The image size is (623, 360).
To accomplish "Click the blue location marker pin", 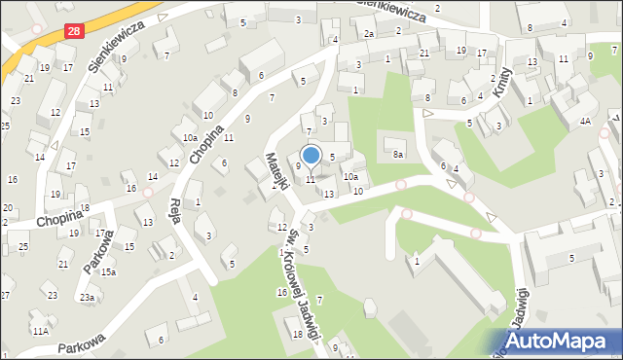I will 311,156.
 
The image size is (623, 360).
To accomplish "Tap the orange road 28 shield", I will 75,32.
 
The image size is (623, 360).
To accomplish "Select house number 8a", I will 397,154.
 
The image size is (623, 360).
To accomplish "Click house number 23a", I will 87,297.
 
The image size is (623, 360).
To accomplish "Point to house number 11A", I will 40,331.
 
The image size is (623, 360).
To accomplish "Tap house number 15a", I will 108,272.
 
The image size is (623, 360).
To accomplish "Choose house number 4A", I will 585,121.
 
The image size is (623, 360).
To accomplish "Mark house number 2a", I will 369,34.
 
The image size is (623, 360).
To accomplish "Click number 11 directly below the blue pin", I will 311,179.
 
